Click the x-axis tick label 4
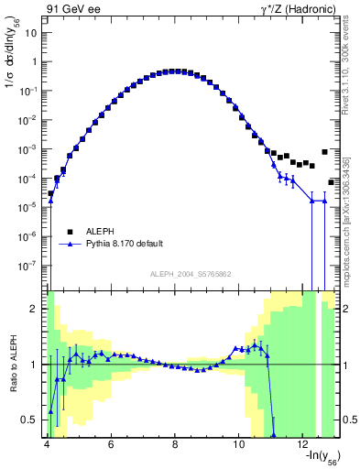click(x=47, y=443)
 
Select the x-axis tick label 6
click(x=111, y=443)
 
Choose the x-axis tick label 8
click(x=175, y=443)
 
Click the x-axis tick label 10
click(x=239, y=443)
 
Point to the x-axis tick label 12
click(x=303, y=443)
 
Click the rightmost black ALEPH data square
click(x=332, y=182)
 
